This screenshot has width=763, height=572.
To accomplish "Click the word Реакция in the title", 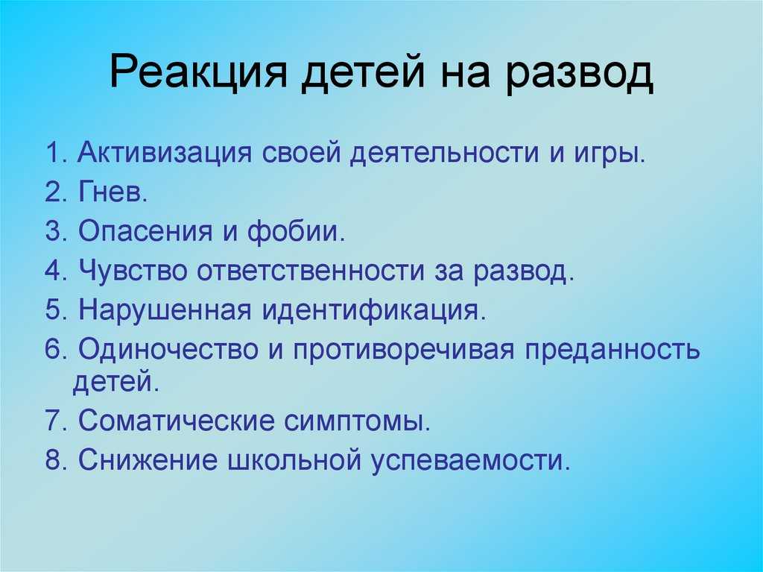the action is (198, 74).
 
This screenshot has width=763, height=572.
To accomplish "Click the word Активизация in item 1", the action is (165, 153).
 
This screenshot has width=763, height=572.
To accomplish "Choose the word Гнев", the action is (113, 192).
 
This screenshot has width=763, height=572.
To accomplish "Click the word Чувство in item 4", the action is (133, 270).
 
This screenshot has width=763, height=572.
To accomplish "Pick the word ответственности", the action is (311, 271).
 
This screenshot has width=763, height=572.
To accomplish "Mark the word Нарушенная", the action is (165, 310).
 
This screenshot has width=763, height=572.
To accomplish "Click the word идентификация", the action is (374, 310).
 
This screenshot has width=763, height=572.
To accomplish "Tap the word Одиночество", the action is (168, 349).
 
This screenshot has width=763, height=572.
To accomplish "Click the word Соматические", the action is (175, 421).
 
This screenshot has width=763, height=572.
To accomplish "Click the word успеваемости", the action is (470, 460).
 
